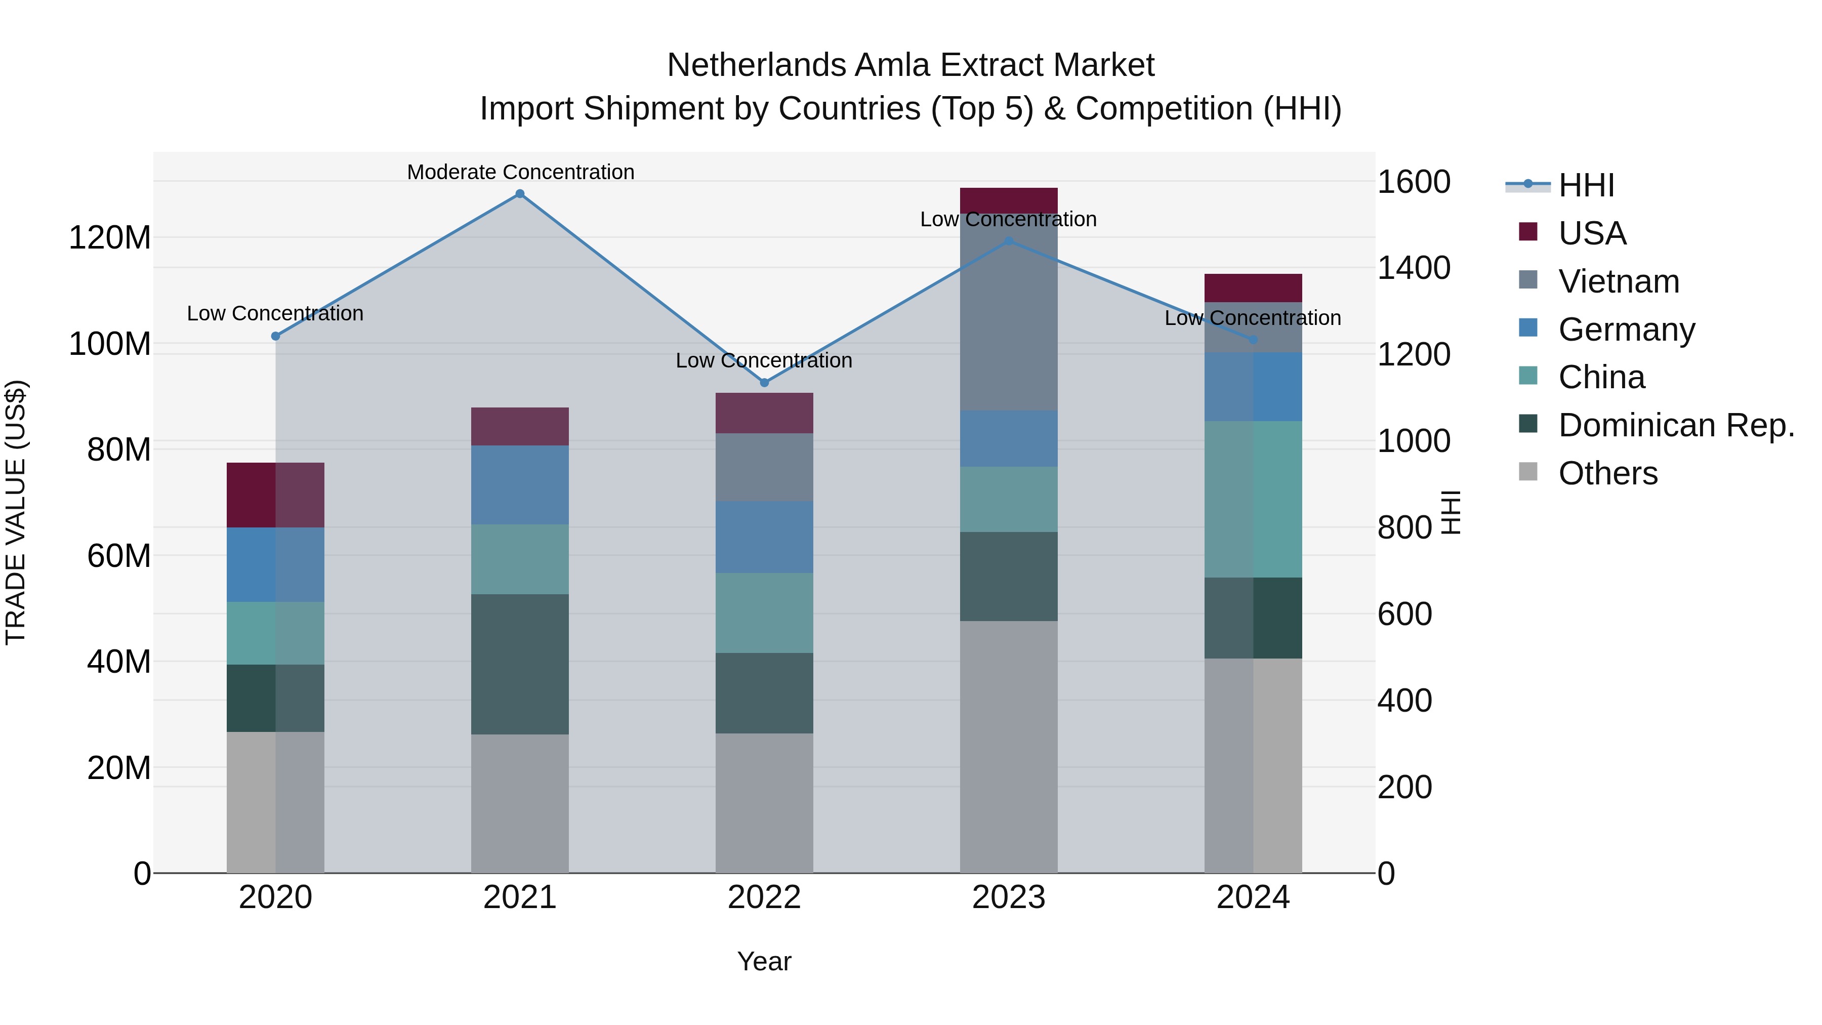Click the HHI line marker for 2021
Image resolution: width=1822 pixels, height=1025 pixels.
pos(520,194)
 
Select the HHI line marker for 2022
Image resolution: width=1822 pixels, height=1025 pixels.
pos(764,383)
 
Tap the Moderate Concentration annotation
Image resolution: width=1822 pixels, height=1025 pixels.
pos(521,172)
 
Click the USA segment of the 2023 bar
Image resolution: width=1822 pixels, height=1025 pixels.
pos(1009,200)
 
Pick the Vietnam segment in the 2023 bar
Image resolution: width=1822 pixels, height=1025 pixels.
pos(1009,311)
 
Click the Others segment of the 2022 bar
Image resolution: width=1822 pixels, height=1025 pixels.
pos(764,802)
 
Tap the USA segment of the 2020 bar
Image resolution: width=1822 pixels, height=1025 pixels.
pos(275,495)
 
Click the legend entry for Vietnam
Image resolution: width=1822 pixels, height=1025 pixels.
pos(1619,281)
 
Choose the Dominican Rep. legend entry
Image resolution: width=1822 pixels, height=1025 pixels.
pos(1676,425)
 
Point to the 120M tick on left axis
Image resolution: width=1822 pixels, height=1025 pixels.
pos(110,238)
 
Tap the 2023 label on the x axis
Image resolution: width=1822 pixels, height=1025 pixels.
pos(1009,897)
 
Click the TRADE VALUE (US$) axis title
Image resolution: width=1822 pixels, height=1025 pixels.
pos(16,512)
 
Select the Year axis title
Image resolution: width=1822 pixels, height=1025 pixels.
pos(764,961)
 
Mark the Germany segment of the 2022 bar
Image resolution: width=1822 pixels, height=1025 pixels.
pos(764,537)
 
